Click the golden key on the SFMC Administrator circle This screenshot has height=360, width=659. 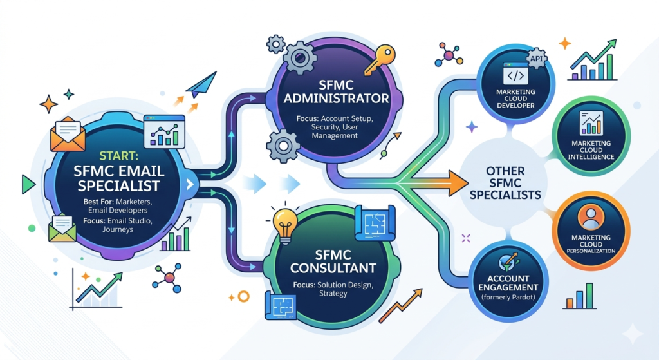click(380, 60)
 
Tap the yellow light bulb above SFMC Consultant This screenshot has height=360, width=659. click(284, 223)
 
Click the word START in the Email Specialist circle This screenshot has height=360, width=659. click(119, 156)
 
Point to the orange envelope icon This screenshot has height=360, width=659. click(67, 134)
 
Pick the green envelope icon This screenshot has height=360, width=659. click(62, 229)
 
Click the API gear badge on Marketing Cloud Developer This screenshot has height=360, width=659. click(536, 59)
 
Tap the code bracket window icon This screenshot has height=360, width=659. click(515, 74)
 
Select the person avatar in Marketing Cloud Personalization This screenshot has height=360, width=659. click(591, 217)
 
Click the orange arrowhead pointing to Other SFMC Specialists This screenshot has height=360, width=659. click(458, 184)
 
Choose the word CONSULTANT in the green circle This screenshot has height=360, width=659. click(333, 268)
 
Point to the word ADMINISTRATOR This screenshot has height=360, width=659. click(336, 99)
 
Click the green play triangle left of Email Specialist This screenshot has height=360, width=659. click(28, 184)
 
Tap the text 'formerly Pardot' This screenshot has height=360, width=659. click(508, 298)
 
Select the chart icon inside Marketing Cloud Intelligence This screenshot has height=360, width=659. click(591, 123)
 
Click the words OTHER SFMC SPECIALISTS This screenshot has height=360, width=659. click(505, 183)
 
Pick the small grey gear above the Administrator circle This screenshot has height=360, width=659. click(275, 44)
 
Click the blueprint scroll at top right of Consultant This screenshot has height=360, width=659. click(375, 223)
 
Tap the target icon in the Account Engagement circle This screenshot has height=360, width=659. click(508, 262)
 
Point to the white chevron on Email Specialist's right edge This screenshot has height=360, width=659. click(190, 184)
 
